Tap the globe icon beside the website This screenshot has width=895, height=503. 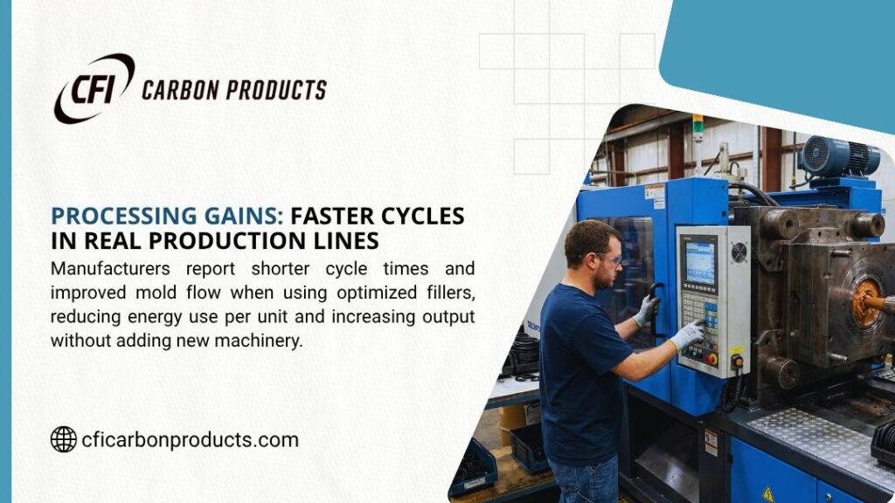[x=63, y=439]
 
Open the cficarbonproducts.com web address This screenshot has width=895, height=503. [x=190, y=440]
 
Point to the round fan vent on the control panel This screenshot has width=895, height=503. [x=738, y=252]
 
